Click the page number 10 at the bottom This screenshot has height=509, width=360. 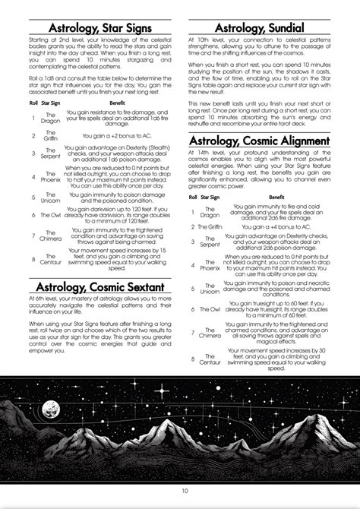click(x=180, y=491)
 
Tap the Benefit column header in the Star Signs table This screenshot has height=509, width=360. click(x=117, y=102)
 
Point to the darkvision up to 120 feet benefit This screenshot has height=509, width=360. click(x=117, y=215)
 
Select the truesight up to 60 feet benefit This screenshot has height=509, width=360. click(x=276, y=309)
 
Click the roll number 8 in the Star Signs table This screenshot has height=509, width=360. click(x=33, y=258)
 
